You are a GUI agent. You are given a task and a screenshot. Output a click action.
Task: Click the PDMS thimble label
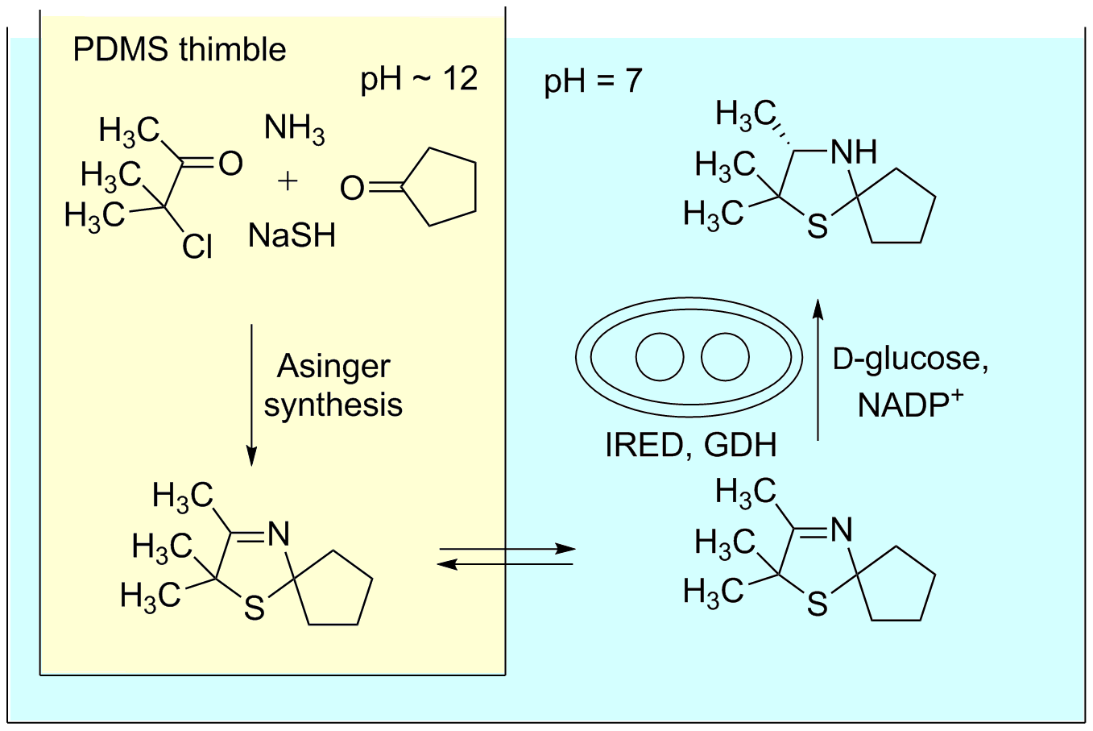pos(179,50)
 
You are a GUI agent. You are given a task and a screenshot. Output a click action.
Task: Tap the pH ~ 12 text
pos(419,79)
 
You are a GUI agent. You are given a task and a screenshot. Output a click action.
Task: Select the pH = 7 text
pos(594,81)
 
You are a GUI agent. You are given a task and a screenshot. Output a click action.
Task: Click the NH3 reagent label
pos(294,129)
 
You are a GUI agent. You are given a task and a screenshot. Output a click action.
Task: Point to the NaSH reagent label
pos(292,235)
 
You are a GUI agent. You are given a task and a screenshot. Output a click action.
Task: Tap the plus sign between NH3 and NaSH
pos(288,181)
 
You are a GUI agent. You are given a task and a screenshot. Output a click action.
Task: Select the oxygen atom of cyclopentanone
pos(352,189)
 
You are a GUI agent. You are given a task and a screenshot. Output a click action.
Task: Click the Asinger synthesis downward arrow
pos(251,395)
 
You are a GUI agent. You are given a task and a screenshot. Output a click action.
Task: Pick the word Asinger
pos(333,367)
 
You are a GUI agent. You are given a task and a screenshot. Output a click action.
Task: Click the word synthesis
pos(333,404)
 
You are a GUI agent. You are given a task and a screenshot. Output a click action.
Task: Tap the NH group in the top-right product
pos(853,152)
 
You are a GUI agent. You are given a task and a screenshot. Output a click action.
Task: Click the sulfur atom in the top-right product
pos(818,227)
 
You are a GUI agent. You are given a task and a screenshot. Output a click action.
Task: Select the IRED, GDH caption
pos(690,445)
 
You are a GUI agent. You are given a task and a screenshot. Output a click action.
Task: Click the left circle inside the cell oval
pos(660,357)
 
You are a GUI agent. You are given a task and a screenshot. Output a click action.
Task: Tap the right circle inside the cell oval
pos(725,357)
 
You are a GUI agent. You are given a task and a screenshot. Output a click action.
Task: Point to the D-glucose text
pos(910,359)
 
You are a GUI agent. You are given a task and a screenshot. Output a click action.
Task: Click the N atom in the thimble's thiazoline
pos(277,534)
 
